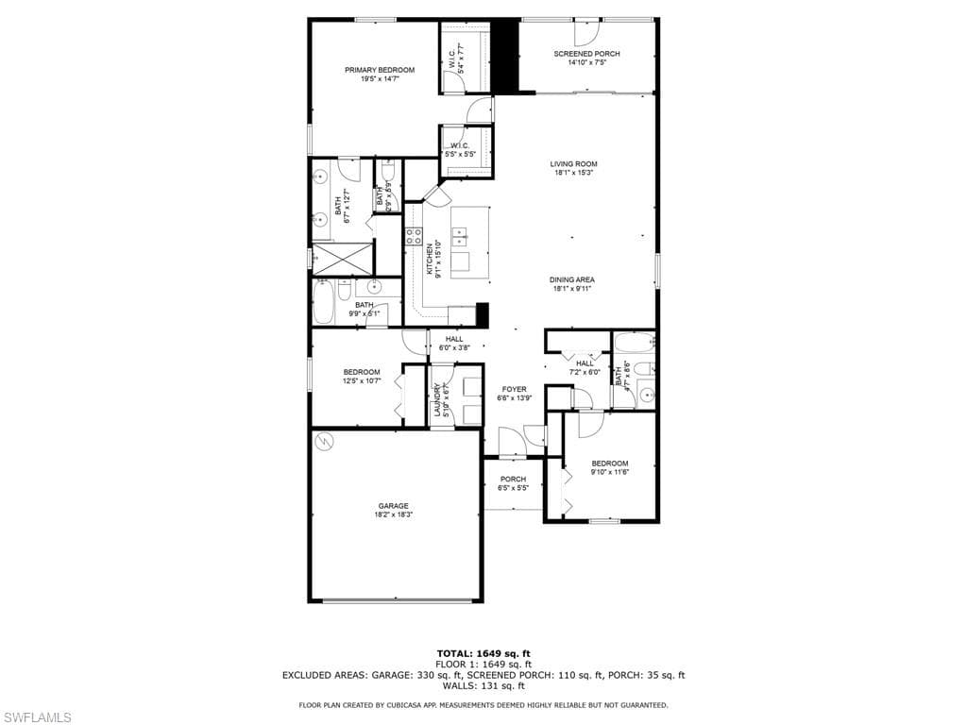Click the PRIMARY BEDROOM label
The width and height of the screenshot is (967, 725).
379,70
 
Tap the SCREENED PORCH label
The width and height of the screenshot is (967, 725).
586,54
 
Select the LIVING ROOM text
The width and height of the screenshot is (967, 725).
573,164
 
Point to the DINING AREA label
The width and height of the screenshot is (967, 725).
573,279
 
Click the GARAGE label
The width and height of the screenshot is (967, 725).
393,506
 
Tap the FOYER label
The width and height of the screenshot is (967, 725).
514,389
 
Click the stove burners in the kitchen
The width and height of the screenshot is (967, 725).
414,236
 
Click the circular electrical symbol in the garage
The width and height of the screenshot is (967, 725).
324,441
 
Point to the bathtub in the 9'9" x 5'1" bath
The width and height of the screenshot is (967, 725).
323,301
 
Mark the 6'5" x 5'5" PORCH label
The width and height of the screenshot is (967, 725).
513,480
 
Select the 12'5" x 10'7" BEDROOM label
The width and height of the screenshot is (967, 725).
362,372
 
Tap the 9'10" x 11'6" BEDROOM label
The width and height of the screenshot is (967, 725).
609,463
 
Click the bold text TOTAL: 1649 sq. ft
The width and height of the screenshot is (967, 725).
483,653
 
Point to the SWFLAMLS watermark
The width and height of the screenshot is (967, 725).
37,717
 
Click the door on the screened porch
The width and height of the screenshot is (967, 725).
585,30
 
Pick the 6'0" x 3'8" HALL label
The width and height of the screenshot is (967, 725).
454,339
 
